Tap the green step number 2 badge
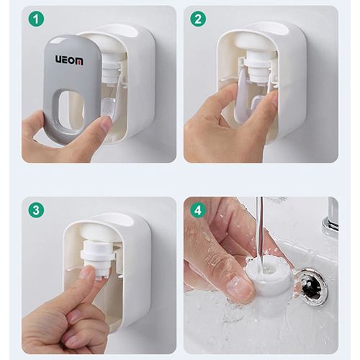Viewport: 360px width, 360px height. [199, 19]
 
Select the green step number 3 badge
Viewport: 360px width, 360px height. [36, 210]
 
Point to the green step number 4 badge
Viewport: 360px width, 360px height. [199, 210]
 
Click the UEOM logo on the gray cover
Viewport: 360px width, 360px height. [69, 60]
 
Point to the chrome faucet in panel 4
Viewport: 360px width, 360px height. [330, 217]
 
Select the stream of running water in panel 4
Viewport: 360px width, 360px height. [259, 230]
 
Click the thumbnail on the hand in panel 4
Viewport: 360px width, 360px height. [239, 288]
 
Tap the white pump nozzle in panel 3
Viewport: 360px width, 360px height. [99, 256]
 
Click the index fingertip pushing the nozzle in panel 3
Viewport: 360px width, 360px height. [88, 274]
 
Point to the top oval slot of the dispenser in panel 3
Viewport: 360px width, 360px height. [115, 219]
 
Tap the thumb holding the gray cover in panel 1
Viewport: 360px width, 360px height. [101, 128]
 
